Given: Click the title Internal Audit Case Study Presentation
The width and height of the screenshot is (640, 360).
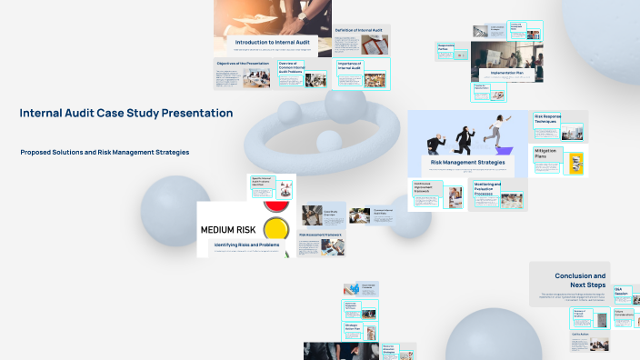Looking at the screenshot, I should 125,114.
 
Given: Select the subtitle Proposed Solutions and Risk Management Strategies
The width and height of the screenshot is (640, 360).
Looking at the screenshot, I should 105,152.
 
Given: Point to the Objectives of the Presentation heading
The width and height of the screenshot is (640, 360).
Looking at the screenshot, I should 243,63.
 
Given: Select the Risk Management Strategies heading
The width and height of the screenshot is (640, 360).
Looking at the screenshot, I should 466,162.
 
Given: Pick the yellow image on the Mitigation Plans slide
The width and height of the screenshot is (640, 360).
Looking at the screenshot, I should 575,164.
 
